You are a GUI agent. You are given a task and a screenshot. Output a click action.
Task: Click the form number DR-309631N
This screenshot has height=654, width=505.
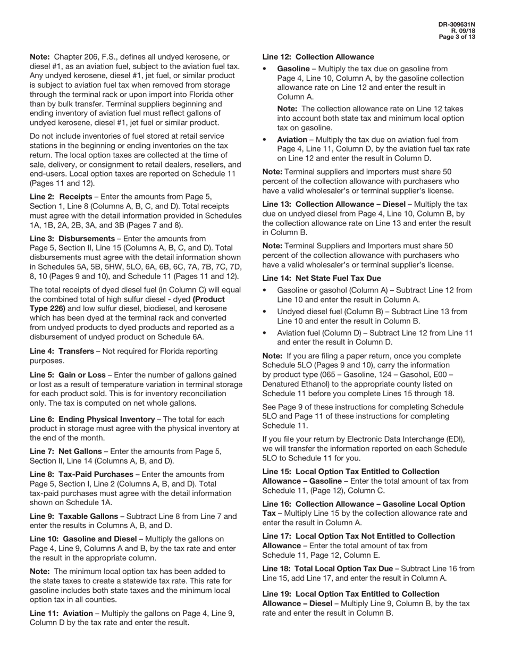coord(457,24)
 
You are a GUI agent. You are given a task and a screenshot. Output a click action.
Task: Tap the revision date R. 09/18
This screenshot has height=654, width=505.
coord(464,31)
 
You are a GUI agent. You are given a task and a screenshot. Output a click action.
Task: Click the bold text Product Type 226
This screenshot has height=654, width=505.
coord(206,299)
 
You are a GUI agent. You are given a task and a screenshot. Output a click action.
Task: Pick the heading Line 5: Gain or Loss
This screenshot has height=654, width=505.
coord(68,375)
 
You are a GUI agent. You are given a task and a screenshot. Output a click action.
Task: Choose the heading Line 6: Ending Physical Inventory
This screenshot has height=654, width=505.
coord(94,419)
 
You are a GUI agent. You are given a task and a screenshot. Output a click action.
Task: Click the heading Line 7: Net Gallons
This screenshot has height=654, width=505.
coord(66,451)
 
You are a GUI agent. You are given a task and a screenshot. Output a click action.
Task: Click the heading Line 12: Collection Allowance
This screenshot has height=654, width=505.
coord(318,56)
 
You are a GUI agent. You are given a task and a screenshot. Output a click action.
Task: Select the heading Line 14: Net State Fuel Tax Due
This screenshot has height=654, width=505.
coord(322,278)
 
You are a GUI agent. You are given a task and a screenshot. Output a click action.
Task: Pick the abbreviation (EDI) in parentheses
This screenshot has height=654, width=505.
coord(452,439)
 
